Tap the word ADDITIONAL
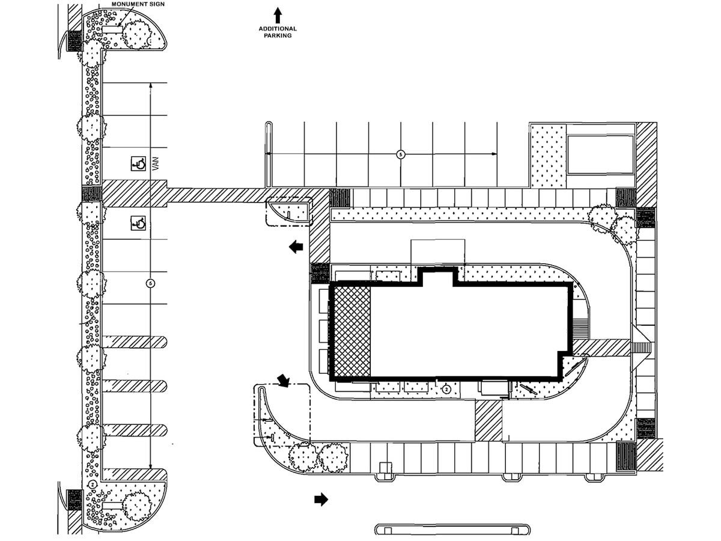click(x=278, y=29)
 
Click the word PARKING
click(x=278, y=36)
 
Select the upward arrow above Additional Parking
click(x=278, y=14)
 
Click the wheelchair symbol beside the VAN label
click(x=138, y=163)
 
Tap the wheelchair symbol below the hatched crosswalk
click(x=138, y=224)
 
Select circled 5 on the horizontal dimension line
click(x=401, y=154)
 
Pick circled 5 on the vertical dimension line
click(x=150, y=283)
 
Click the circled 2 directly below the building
click(x=446, y=390)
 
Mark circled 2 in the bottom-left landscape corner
click(x=93, y=484)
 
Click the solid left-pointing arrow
click(x=296, y=246)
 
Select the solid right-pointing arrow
click(x=321, y=499)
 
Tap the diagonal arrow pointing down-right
click(x=282, y=380)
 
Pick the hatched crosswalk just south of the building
click(x=488, y=420)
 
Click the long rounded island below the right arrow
click(x=452, y=530)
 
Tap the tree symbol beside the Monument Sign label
click(x=138, y=34)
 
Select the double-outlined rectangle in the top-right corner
click(x=600, y=154)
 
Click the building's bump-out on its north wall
click(x=437, y=277)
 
